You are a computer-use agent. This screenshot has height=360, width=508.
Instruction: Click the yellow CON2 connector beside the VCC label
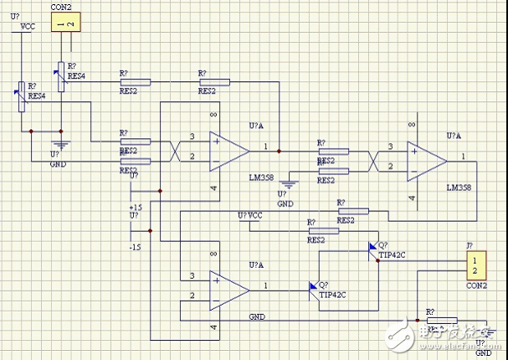[x=65, y=23]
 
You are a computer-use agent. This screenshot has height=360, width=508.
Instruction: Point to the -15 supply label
[x=135, y=248]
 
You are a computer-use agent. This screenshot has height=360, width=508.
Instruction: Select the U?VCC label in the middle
[x=251, y=216]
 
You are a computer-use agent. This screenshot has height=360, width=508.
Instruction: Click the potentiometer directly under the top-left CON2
[x=59, y=73]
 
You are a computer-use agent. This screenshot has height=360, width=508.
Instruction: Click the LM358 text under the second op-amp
[x=459, y=188]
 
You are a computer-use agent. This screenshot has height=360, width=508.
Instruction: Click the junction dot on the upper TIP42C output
[x=378, y=260]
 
